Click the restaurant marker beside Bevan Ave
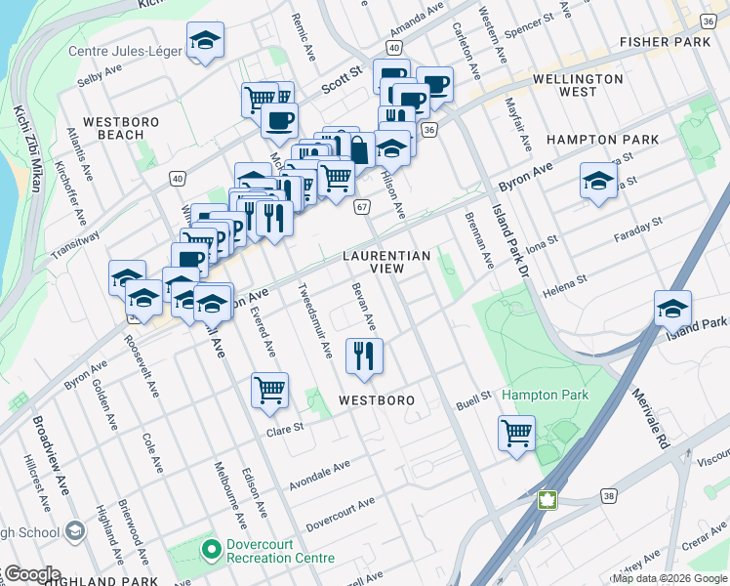tap(365, 356)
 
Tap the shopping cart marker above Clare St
tap(270, 390)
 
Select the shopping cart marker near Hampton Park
tap(516, 432)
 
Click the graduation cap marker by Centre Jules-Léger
tap(204, 40)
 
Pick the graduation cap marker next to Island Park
tap(672, 308)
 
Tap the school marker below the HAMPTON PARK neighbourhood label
tap(598, 181)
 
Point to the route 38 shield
tap(610, 496)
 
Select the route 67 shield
tap(362, 207)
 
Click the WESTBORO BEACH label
tap(114, 128)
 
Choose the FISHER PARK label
tap(666, 43)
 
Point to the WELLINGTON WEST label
tap(578, 85)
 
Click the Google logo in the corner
tap(31, 574)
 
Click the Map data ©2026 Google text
tap(669, 577)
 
